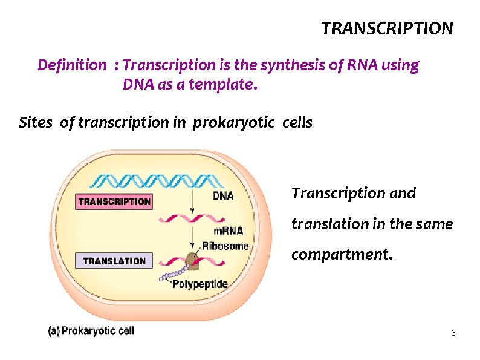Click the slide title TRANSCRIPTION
[386, 28]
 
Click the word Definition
[71, 65]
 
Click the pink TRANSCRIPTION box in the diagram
[114, 201]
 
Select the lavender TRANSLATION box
[114, 261]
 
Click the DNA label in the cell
[223, 195]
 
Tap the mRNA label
[228, 231]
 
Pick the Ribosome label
[225, 246]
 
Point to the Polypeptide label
[200, 283]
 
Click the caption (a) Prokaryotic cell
[92, 330]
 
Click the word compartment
[341, 254]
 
